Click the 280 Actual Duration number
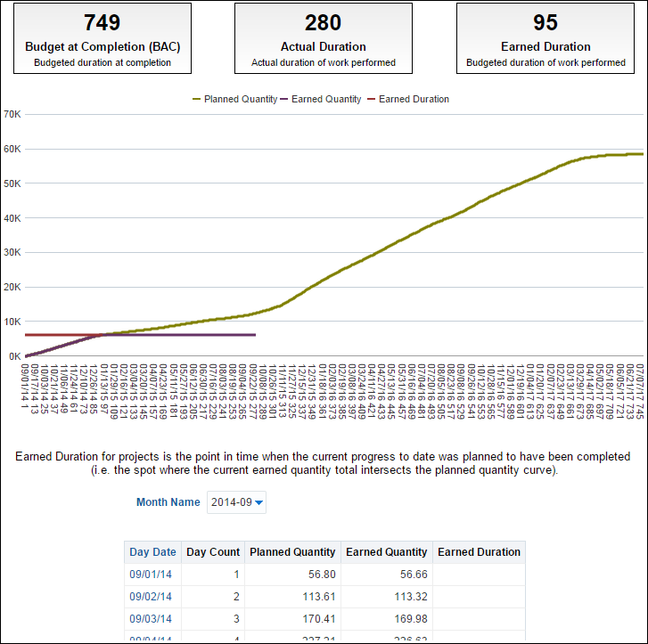pyautogui.click(x=323, y=22)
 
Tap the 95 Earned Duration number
pyautogui.click(x=545, y=22)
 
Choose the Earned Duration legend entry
pyautogui.click(x=408, y=99)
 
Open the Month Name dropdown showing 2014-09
pyautogui.click(x=236, y=502)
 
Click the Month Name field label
pyautogui.click(x=168, y=502)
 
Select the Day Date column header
pyautogui.click(x=152, y=552)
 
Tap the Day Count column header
pyautogui.click(x=213, y=552)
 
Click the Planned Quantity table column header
pyautogui.click(x=293, y=552)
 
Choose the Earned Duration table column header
pyautogui.click(x=479, y=552)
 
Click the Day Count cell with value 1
pyautogui.click(x=236, y=575)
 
